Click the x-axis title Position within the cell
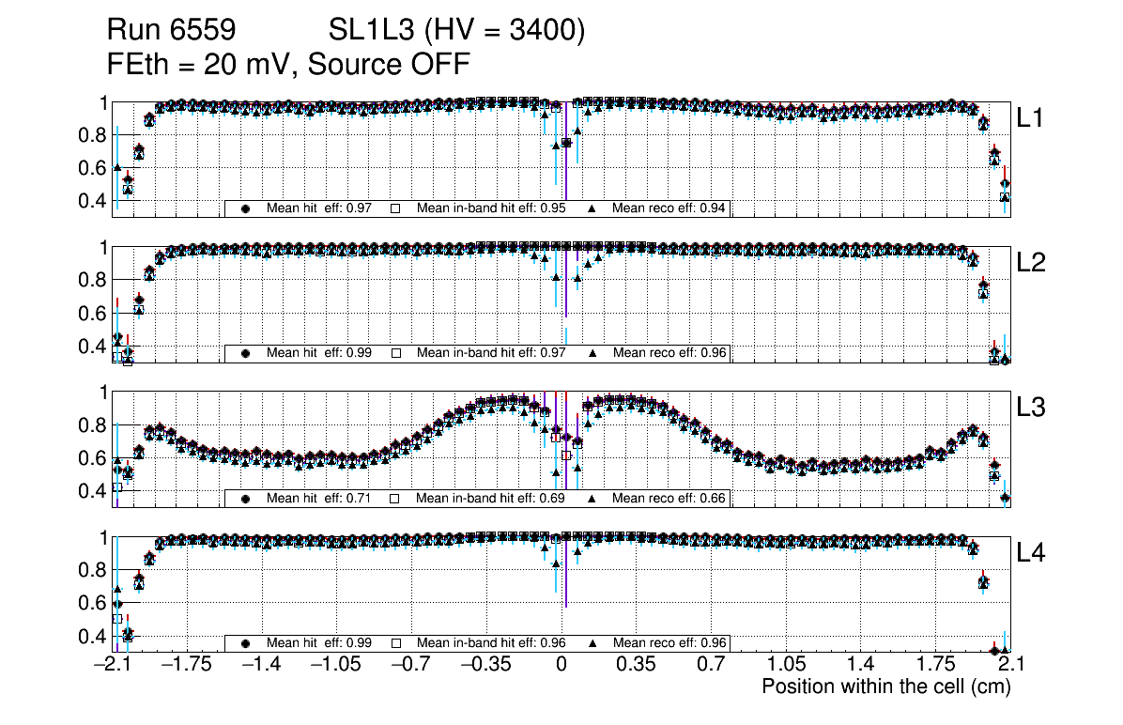[885, 686]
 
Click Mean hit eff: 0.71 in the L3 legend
[319, 498]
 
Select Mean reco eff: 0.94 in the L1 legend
[669, 208]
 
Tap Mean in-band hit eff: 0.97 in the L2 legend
[490, 353]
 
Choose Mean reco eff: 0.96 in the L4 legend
[669, 643]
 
